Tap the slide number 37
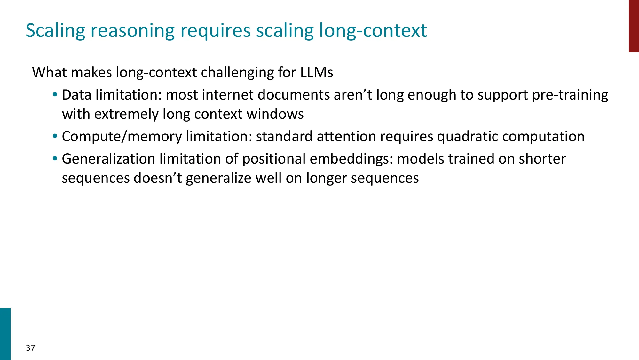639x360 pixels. coord(30,348)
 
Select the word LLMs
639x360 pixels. coord(317,72)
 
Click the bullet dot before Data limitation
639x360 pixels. coord(55,95)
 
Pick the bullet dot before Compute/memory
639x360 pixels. coord(55,136)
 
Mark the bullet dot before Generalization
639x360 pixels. coord(55,159)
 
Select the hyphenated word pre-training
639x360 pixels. coord(570,95)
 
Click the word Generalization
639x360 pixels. coord(108,159)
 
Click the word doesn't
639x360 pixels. coord(158,178)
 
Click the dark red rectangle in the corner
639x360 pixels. coord(634,26)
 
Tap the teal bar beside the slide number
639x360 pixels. coord(5,334)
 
